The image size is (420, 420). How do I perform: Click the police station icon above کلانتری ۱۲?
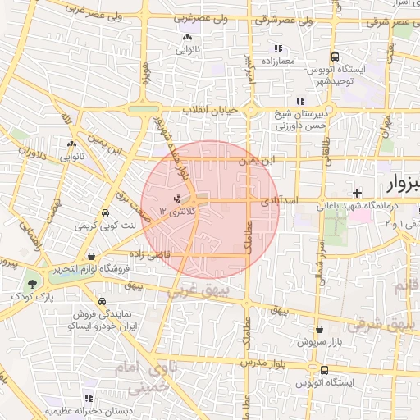pos(176,199)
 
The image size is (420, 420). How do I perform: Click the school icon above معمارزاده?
pos(278,47)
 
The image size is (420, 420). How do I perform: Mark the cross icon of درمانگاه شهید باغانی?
pos(357,192)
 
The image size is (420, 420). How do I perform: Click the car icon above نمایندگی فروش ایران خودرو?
pos(101,301)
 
